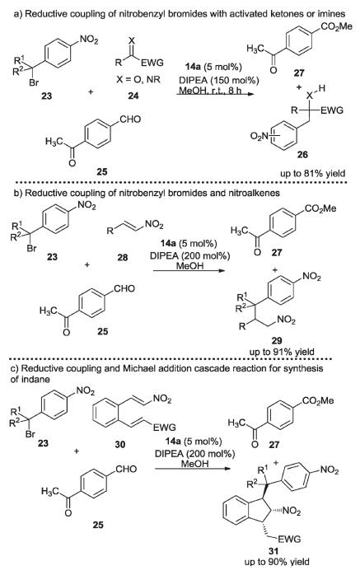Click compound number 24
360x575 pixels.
133,96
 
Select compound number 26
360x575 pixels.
302,154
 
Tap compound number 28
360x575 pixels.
123,257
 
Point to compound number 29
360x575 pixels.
277,341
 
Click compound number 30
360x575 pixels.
120,445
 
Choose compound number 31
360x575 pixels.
274,551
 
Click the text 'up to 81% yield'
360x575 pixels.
313,173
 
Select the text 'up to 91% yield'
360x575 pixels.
282,352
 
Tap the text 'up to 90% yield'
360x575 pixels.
277,562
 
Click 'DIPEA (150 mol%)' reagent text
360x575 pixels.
219,80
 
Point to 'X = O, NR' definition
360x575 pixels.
138,79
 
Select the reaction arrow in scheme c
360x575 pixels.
192,469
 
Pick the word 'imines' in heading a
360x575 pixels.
332,14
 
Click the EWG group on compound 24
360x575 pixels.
152,63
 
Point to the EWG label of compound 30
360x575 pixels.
165,428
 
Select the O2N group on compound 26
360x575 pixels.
260,137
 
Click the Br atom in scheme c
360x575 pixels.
30,435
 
